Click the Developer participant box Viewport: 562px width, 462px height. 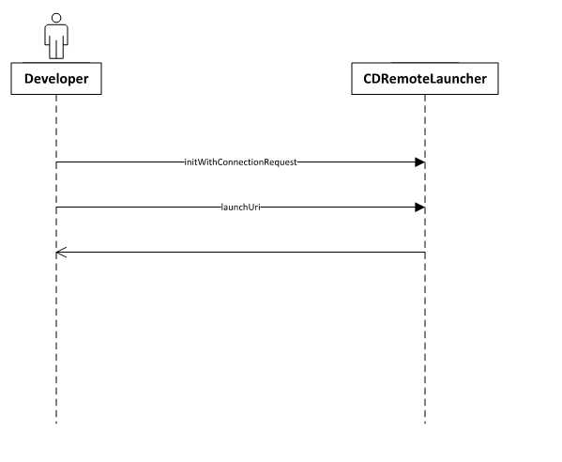point(56,79)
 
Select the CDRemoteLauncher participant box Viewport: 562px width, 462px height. point(425,79)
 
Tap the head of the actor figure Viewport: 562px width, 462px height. point(56,18)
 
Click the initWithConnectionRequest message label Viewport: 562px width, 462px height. point(240,162)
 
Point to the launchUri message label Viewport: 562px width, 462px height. point(240,207)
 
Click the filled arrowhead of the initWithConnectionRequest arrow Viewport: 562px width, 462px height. point(420,162)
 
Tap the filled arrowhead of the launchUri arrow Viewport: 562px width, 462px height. point(420,208)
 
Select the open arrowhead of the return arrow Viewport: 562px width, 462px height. point(61,253)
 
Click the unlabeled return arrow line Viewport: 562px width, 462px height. point(240,253)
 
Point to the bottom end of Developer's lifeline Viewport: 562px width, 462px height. point(56,423)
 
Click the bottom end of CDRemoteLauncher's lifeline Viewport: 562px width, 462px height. point(425,423)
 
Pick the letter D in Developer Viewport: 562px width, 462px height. point(29,79)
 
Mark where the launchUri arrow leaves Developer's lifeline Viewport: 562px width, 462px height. point(56,207)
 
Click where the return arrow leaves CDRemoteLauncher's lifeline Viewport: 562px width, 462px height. point(425,253)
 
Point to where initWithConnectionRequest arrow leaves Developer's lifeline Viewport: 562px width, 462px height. point(56,162)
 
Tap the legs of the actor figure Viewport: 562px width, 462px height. point(56,50)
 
